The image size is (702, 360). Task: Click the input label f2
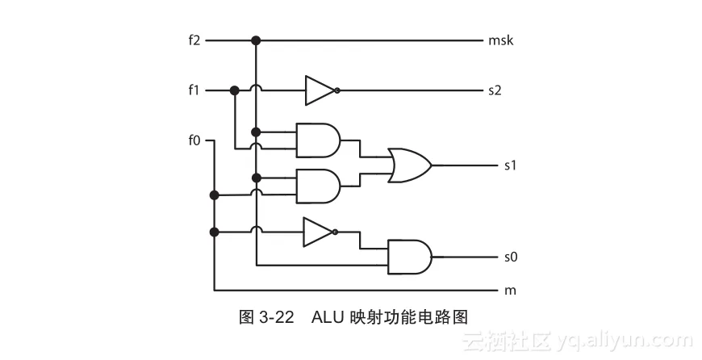pos(194,40)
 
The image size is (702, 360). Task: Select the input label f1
pos(194,90)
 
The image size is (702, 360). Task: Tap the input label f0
pos(194,140)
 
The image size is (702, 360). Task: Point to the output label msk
pos(500,40)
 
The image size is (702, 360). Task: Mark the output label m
pos(509,289)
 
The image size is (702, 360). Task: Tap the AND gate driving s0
pos(409,257)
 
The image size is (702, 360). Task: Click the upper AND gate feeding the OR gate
pos(318,140)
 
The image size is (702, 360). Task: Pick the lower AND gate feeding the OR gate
pos(318,186)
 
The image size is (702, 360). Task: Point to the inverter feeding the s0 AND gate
pos(317,232)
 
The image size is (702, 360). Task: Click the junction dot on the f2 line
pos(256,40)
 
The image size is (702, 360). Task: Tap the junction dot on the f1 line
pos(235,90)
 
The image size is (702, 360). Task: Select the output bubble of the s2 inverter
pos(337,90)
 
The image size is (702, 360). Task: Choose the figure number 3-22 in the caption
pos(275,316)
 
